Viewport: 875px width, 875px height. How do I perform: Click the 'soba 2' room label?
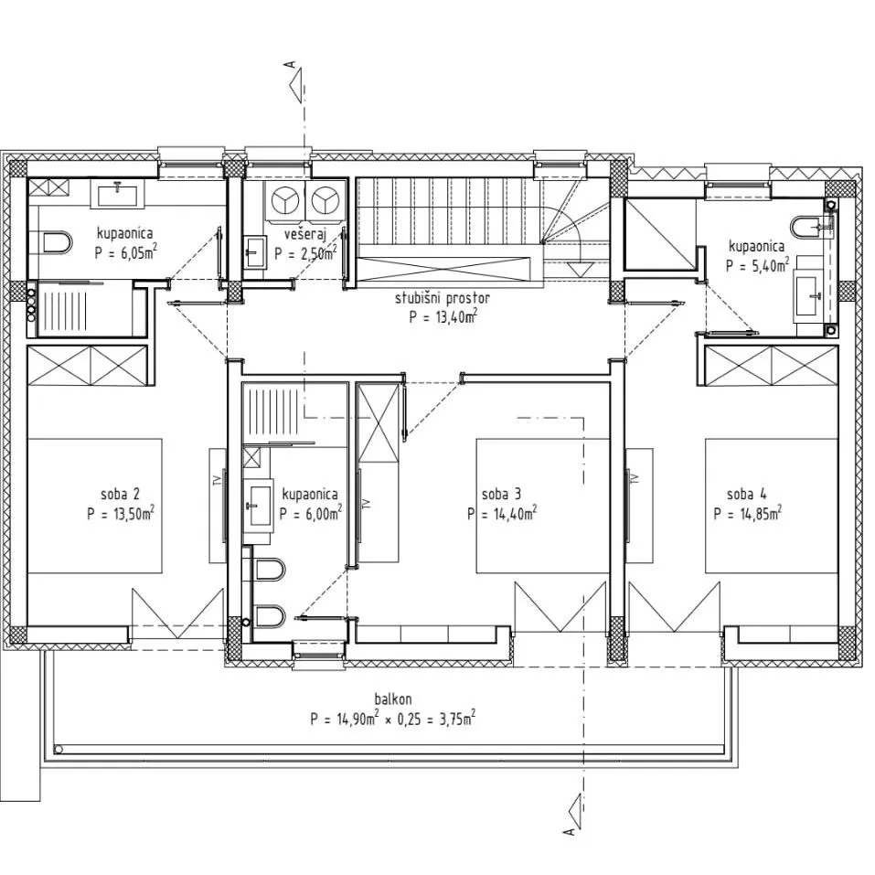click(120, 495)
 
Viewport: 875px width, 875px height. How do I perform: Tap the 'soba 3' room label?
click(501, 495)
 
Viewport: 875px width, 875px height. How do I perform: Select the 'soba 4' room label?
click(747, 495)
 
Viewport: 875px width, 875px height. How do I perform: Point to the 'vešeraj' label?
click(304, 234)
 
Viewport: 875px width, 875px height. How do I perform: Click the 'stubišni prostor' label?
click(443, 299)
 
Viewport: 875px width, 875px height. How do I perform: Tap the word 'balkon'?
click(393, 699)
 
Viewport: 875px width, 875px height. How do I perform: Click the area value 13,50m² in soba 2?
click(133, 514)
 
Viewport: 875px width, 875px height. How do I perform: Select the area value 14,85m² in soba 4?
click(761, 514)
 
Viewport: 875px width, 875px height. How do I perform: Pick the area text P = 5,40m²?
click(757, 265)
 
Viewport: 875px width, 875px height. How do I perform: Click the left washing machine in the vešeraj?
click(285, 201)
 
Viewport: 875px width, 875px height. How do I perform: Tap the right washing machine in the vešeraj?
click(325, 201)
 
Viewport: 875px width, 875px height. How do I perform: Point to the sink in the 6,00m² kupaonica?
click(260, 505)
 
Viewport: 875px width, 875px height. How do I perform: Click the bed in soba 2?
click(95, 506)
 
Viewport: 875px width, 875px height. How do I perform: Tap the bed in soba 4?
click(772, 506)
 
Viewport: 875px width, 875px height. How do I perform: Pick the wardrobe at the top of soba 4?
click(772, 366)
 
